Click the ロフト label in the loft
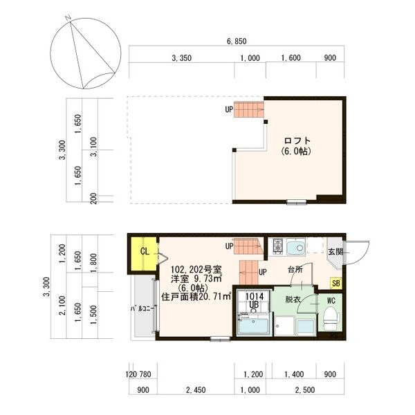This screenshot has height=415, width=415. coord(297,140)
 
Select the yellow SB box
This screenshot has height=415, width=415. coord(336,283)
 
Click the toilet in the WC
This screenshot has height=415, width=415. coord(331,318)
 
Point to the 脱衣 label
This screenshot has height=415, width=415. coord(293,299)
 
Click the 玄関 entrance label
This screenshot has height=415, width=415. coord(335,252)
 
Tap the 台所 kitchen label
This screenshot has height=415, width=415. coord(295,270)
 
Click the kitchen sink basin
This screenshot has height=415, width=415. coord(295,248)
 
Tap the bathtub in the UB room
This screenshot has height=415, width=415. coord(253,326)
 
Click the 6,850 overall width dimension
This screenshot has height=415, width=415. coord(237,41)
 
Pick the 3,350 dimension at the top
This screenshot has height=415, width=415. coord(181,58)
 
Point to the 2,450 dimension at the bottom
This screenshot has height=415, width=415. coord(196,390)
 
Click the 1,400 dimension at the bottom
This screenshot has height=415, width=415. coord(294,374)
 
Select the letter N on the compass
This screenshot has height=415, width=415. coord(68,18)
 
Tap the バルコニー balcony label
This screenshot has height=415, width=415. coord(142,308)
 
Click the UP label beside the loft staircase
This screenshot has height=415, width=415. coord(229,109)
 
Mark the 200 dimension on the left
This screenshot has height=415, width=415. coord(93,199)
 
